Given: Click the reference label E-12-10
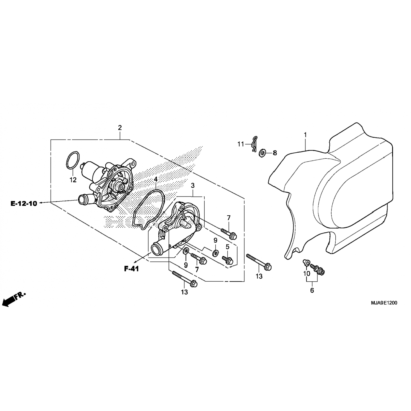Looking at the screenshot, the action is [x=24, y=204].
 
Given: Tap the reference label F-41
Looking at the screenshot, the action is [x=132, y=269].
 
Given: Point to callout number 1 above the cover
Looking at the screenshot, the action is [x=305, y=135].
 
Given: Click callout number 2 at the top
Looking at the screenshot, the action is [x=120, y=128].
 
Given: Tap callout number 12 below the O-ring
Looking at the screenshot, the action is [x=73, y=180].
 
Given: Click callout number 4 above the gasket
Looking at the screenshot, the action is [x=156, y=179].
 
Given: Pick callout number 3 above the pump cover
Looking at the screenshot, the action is [x=193, y=185].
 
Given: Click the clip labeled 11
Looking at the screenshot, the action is [x=254, y=143].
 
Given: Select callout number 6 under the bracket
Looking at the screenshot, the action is [x=312, y=290].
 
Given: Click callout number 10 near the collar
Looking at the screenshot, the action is [x=307, y=273].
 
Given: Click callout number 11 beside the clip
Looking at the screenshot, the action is [x=241, y=144].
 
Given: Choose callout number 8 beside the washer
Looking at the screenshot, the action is [x=275, y=153].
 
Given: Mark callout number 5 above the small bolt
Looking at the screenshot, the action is [x=227, y=247].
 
